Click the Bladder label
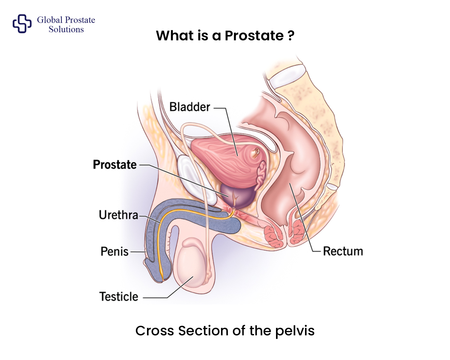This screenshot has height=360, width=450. tap(190, 107)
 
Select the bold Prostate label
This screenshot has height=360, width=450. tap(115, 165)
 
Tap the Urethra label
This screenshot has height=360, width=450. tap(118, 215)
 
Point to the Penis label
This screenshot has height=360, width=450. tap(114, 251)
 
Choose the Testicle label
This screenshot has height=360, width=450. tap(119, 297)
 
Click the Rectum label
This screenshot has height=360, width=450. tap(343, 251)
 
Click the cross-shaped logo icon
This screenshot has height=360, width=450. tap(22, 24)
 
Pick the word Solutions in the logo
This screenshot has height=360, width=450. tap(66, 29)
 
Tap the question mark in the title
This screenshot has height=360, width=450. tap(291, 35)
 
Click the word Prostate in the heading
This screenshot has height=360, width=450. tap(254, 35)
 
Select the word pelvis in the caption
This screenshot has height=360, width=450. tap(295, 331)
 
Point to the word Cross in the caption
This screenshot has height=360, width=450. tap(155, 331)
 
